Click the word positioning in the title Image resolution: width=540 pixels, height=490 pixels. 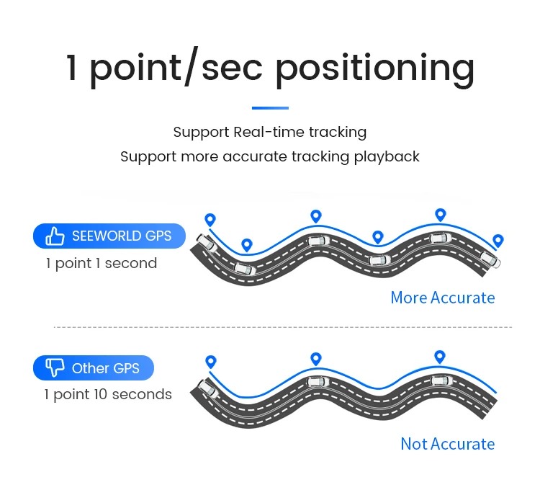374,68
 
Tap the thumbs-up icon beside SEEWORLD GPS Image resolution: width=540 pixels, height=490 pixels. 55,236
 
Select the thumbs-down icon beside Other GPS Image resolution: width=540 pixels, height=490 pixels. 55,368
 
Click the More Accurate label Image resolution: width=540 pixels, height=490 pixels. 443,298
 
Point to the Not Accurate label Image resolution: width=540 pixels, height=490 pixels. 448,444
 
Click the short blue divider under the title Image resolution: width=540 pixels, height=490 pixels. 270,108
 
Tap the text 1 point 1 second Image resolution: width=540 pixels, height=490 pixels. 101,263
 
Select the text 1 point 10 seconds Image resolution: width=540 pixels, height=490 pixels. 108,394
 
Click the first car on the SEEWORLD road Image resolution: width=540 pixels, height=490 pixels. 205,242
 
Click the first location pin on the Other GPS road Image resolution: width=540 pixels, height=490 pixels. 210,361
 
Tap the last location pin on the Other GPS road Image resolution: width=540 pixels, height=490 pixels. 440,356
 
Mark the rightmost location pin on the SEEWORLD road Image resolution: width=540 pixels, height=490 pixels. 498,241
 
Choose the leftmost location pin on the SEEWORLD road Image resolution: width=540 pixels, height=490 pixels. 210,219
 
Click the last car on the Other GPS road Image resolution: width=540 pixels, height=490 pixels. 440,380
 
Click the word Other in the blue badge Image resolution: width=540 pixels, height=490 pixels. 90,368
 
